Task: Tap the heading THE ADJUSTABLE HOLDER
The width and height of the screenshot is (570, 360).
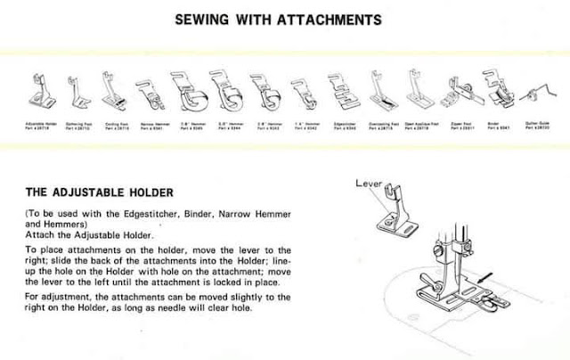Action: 99,192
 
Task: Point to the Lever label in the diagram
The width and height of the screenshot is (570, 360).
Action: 368,184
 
